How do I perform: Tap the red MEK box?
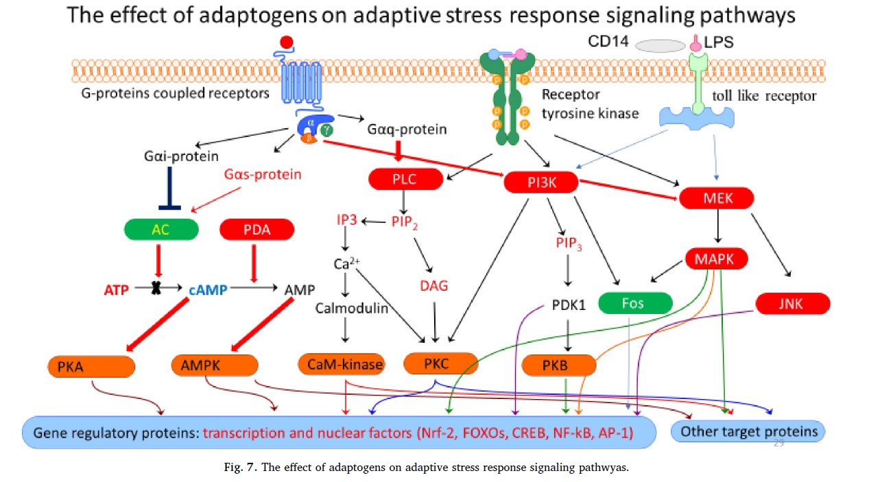[x=717, y=199]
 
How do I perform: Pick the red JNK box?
[x=793, y=303]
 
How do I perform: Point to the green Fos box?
[x=632, y=302]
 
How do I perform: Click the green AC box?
[x=162, y=230]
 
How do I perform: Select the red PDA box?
[x=257, y=230]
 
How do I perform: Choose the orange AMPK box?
[x=215, y=365]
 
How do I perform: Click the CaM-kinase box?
[x=341, y=364]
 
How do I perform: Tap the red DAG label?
[x=433, y=285]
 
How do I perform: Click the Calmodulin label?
[x=351, y=308]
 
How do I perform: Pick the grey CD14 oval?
[x=660, y=45]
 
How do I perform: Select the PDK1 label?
[x=569, y=304]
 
